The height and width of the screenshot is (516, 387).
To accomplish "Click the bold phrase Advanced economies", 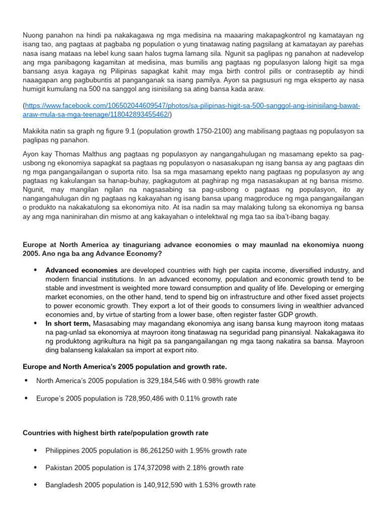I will pyautogui.click(x=81, y=271).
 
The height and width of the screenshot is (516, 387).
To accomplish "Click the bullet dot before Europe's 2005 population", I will pyautogui.click(x=26, y=398).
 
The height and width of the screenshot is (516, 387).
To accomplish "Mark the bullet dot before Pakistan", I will pyautogui.click(x=35, y=468).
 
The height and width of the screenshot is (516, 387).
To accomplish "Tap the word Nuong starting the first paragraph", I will pyautogui.click(x=33, y=35).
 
